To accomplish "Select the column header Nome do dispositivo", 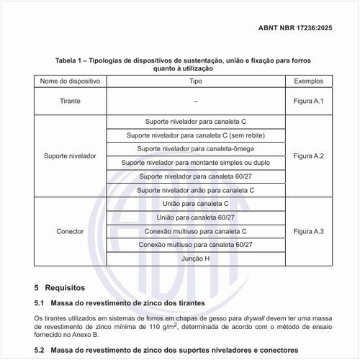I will (68, 81).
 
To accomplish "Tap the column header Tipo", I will (195, 81).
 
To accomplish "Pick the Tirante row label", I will (70, 102).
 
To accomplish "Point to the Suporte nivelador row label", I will (70, 156).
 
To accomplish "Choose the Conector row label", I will (70, 232).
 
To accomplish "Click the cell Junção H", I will (195, 258).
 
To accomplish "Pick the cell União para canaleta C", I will (195, 204).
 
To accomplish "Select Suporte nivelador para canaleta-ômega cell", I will (195, 149).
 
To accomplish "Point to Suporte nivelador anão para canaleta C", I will (195, 190).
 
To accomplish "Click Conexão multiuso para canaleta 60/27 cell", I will (195, 245).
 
